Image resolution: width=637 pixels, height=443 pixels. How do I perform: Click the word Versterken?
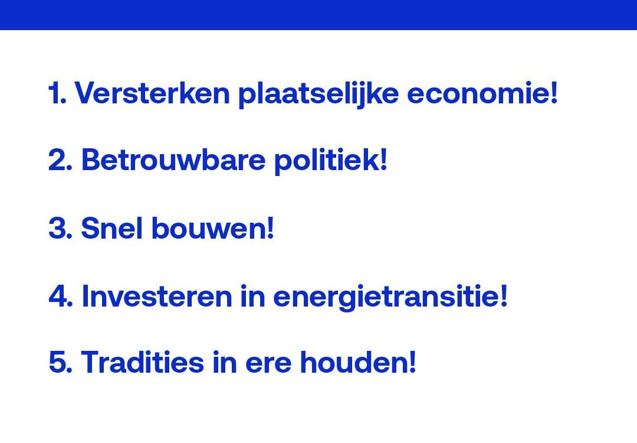coord(152,93)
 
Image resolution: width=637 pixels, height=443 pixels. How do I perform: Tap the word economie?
coord(478,93)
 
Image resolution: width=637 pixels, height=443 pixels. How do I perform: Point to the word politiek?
coord(328,161)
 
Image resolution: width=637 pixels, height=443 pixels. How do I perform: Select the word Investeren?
coord(157,295)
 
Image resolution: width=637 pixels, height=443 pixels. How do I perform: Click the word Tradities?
coord(143,361)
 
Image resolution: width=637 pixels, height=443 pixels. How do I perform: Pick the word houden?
coord(354,361)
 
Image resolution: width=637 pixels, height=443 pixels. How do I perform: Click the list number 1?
coord(57,93)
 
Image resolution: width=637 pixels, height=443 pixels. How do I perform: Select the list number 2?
coord(60,159)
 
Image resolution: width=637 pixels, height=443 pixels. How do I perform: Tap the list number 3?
coord(60,227)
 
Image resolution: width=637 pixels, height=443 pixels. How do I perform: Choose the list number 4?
coord(61,295)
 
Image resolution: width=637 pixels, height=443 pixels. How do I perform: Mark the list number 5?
coord(60,361)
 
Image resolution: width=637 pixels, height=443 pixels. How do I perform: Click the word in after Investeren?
coord(252,295)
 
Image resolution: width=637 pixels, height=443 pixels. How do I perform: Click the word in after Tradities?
coord(225,361)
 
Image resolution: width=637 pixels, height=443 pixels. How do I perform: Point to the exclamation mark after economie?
coord(553,93)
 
